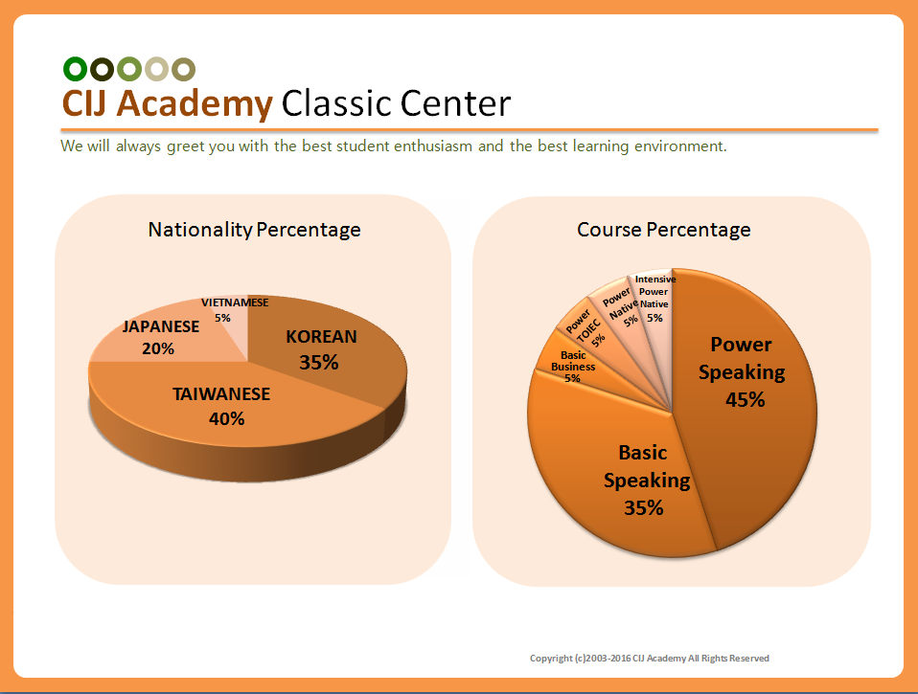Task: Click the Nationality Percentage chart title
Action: point(254,229)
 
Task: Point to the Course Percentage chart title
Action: point(664,229)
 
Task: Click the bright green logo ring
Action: point(75,69)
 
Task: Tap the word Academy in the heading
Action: point(195,104)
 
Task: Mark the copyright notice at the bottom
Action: point(650,659)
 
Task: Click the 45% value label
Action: point(745,400)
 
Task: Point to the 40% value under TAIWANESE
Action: point(226,418)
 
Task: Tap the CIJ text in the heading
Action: point(84,103)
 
